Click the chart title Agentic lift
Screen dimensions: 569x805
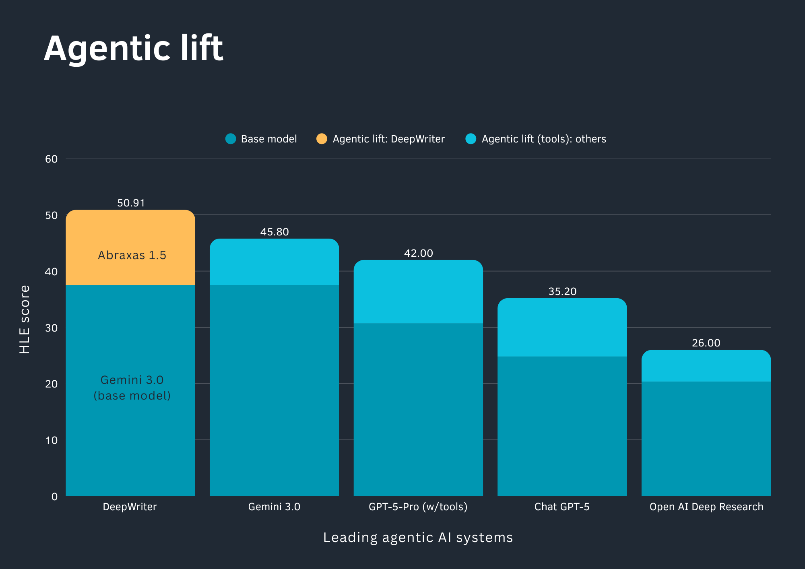(133, 48)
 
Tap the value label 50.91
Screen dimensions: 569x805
(131, 203)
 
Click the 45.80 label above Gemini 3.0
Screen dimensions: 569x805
(275, 232)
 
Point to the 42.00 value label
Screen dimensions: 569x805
(418, 253)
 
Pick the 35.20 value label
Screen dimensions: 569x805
(562, 291)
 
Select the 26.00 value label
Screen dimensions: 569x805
(706, 343)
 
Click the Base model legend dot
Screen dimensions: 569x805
(231, 139)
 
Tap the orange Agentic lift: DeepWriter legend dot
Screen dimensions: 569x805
(322, 139)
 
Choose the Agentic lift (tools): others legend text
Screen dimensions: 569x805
(543, 139)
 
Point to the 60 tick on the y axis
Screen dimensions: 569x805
(51, 159)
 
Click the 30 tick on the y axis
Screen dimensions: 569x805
(51, 328)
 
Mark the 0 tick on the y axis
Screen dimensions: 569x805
(54, 497)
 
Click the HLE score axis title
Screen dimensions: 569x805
(25, 320)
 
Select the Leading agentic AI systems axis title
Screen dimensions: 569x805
(418, 538)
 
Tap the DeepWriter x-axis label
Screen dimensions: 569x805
(130, 507)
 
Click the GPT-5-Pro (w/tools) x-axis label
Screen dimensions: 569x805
(418, 507)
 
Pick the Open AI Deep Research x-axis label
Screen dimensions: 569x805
(706, 507)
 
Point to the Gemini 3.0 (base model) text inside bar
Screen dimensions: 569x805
(132, 388)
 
